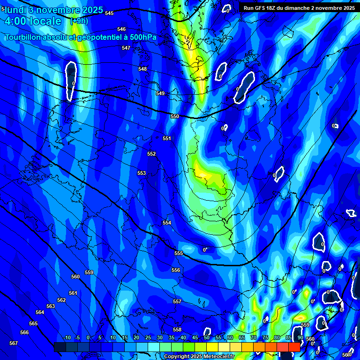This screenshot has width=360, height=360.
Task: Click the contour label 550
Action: tap(175, 116)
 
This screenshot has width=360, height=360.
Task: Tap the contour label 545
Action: tap(109, 13)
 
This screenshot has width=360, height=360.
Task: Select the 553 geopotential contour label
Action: tap(142, 173)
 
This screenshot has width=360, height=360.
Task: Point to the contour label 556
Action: tap(176, 270)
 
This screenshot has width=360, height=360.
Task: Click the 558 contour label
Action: tap(177, 330)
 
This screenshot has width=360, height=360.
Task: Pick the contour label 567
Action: tap(14, 343)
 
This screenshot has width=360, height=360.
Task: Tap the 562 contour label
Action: tap(61, 300)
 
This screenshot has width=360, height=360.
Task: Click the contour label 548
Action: tap(142, 69)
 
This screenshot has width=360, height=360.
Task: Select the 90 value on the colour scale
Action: tap(300, 337)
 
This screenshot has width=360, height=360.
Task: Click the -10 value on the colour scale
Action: tap(67, 337)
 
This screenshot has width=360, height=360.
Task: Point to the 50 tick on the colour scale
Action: tap(207, 337)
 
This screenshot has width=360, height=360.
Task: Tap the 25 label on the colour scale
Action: tap(148, 337)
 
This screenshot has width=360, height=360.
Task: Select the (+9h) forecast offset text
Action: tap(79, 21)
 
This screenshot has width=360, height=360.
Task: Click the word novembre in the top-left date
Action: tap(57, 9)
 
